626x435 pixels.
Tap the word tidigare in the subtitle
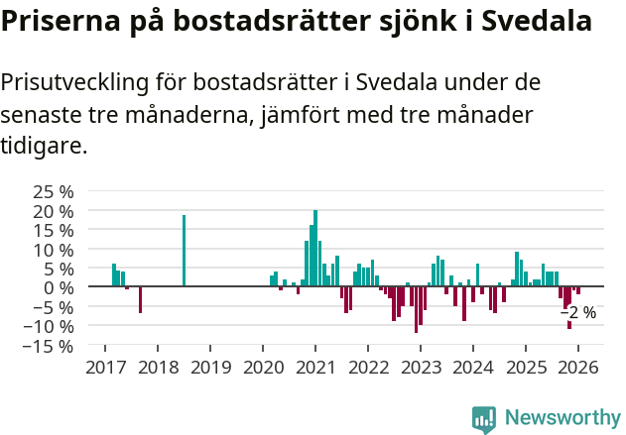point(44,146)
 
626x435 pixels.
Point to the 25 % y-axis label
point(54,191)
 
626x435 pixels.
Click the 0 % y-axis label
point(62,287)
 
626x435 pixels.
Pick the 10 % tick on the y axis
point(54,249)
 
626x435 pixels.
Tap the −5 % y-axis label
point(54,307)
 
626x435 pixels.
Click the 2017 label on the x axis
point(105,368)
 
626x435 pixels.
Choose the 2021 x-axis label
point(315,368)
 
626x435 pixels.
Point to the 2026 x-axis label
point(577,368)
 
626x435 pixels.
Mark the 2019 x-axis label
point(210,368)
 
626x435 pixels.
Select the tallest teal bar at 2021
point(315,248)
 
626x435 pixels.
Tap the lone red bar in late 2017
point(140,299)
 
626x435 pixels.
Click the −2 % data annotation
point(578,313)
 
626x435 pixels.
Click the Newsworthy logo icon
point(484,419)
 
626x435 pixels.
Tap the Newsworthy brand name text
point(562,419)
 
